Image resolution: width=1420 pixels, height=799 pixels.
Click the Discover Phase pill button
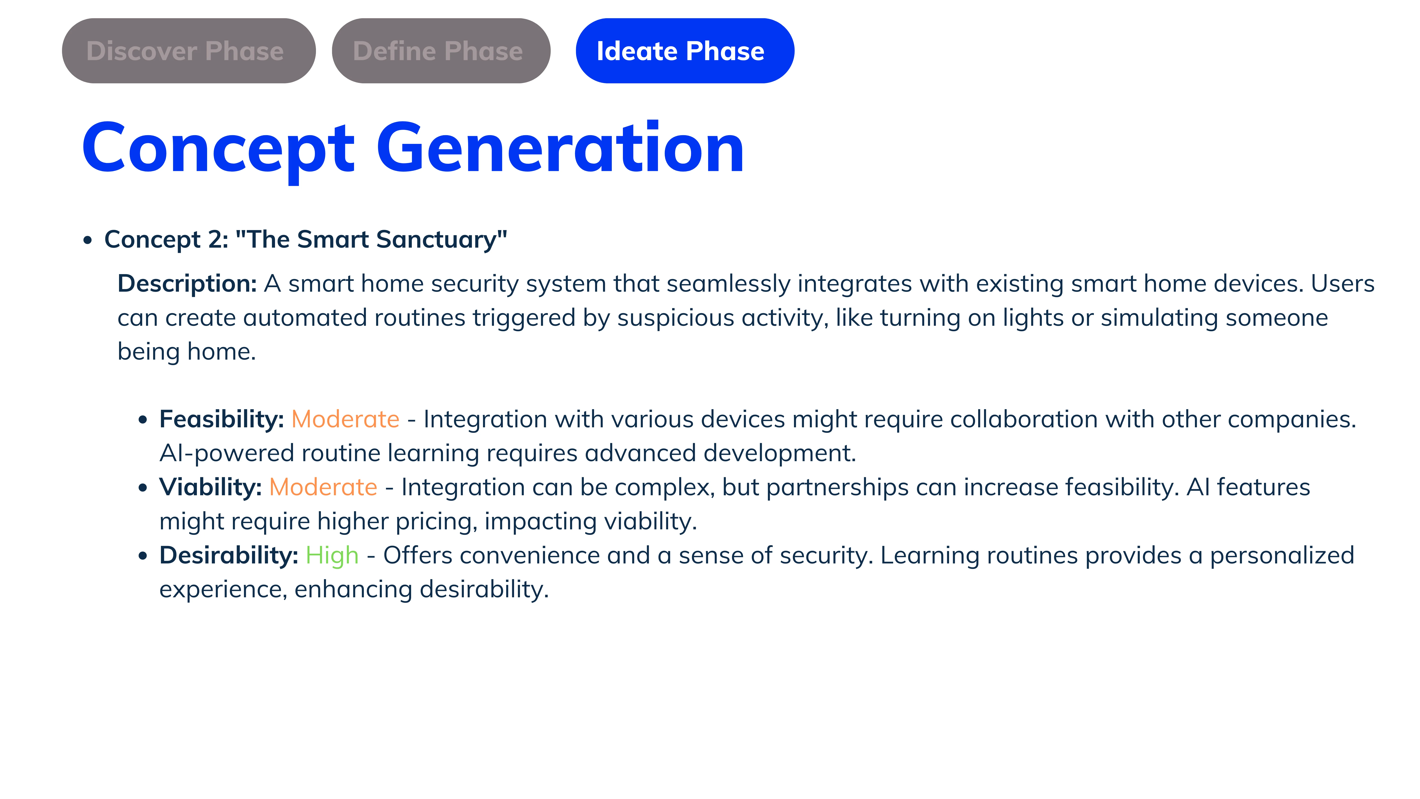coord(189,51)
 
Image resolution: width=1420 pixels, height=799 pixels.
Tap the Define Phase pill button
coord(441,51)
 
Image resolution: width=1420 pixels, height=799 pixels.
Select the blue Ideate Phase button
coord(685,51)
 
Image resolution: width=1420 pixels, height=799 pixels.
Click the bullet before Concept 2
coord(88,241)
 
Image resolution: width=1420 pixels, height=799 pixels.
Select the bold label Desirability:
coord(229,555)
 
